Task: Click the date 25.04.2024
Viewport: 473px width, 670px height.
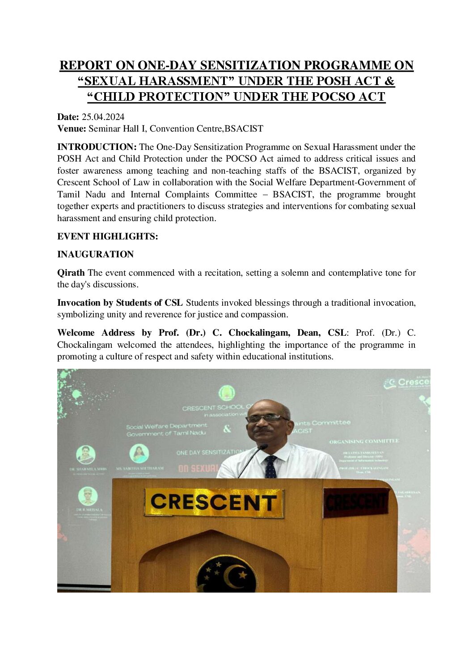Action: [x=103, y=117]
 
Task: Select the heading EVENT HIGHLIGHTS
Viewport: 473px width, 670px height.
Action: [x=107, y=236]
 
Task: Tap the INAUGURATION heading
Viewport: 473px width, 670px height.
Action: [x=95, y=254]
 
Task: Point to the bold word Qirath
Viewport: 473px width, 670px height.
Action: [x=71, y=273]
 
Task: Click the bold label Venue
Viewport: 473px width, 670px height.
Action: [x=72, y=129]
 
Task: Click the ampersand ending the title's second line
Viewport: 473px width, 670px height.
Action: [x=389, y=81]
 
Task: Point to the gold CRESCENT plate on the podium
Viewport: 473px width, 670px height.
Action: [x=214, y=502]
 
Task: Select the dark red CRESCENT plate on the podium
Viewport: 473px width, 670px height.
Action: [x=356, y=502]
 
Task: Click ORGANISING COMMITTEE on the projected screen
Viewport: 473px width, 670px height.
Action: [x=364, y=441]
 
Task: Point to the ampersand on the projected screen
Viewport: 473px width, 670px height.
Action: [x=227, y=429]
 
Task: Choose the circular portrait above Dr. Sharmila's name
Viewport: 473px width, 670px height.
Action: [x=85, y=455]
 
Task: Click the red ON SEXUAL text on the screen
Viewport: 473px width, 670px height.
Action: [x=197, y=468]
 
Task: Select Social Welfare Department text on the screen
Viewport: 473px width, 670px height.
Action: [x=166, y=426]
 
